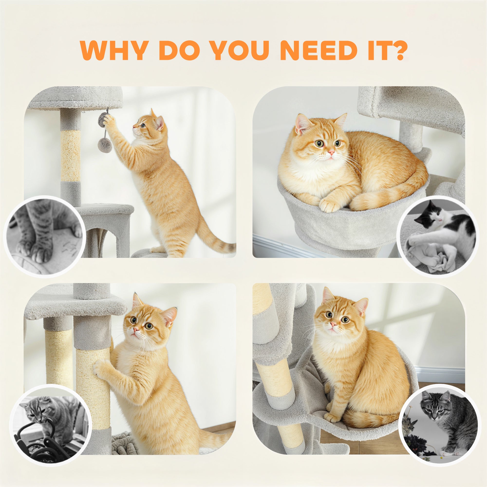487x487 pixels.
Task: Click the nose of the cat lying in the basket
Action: [331, 152]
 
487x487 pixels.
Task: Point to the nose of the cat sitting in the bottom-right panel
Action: [333, 324]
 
